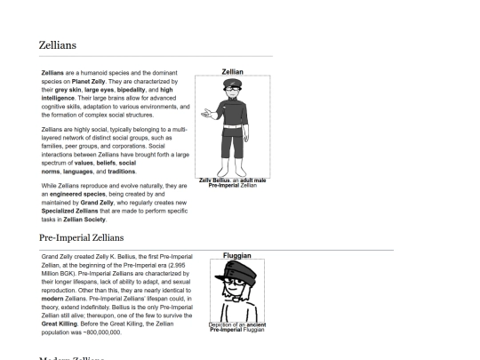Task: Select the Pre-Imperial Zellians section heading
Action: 82,238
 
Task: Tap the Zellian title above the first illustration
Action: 232,71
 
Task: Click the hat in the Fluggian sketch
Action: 230,270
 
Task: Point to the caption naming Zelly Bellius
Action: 232,182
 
